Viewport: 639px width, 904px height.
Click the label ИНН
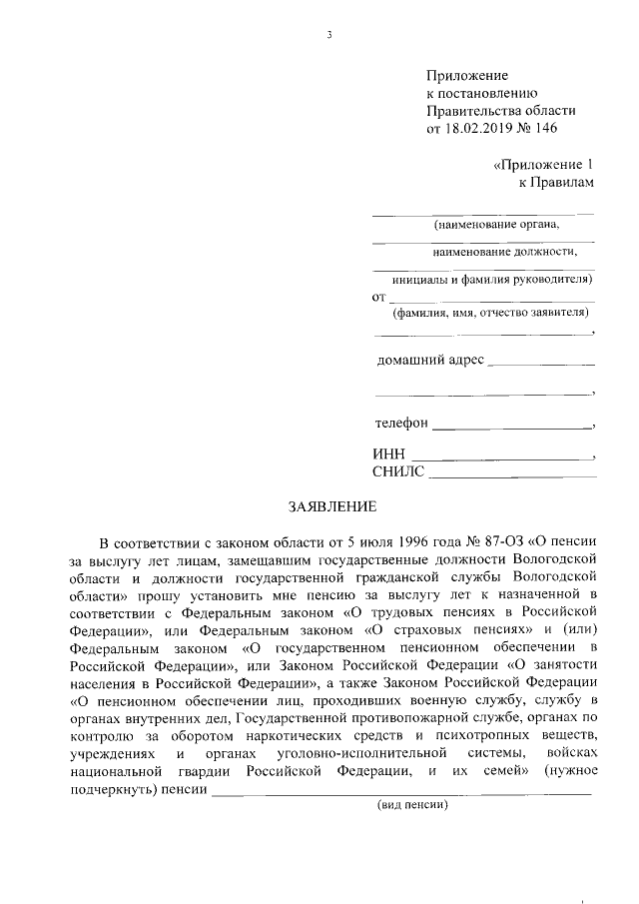click(x=389, y=455)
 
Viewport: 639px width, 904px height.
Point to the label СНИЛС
click(x=398, y=472)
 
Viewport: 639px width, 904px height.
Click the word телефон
click(x=401, y=423)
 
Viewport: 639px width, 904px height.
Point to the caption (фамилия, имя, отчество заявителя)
click(x=491, y=312)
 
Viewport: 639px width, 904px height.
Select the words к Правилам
click(x=556, y=182)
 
